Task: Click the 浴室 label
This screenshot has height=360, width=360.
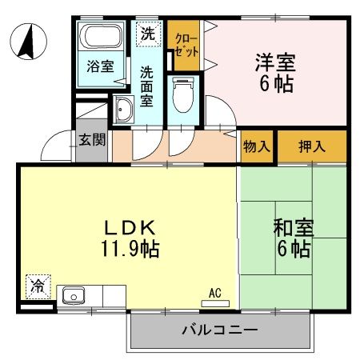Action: pyautogui.click(x=102, y=67)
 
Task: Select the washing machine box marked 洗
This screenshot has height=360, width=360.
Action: pyautogui.click(x=147, y=34)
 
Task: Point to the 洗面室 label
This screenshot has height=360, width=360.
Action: pyautogui.click(x=147, y=86)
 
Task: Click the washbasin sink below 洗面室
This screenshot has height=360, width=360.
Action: pyautogui.click(x=124, y=110)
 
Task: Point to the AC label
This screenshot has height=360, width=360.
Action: pyautogui.click(x=215, y=292)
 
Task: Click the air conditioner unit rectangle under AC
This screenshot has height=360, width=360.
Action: pyautogui.click(x=215, y=302)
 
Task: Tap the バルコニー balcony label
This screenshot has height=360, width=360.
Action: pyautogui.click(x=218, y=329)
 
